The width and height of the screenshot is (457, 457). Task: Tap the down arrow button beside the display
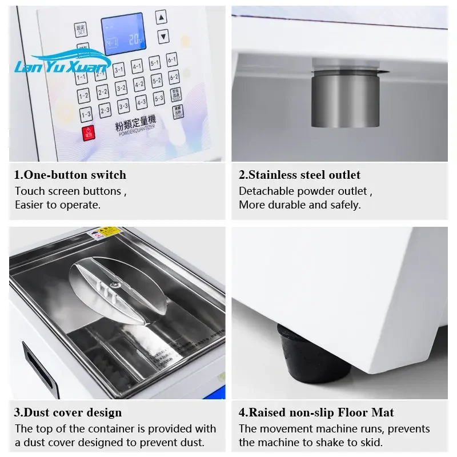(163, 36)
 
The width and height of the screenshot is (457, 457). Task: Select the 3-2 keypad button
(121, 88)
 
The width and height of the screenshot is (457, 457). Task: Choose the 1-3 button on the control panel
(86, 114)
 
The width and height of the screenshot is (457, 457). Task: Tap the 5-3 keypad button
(159, 98)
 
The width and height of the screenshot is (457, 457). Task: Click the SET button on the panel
(81, 29)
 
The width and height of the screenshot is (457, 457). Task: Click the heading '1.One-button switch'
(70, 175)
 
